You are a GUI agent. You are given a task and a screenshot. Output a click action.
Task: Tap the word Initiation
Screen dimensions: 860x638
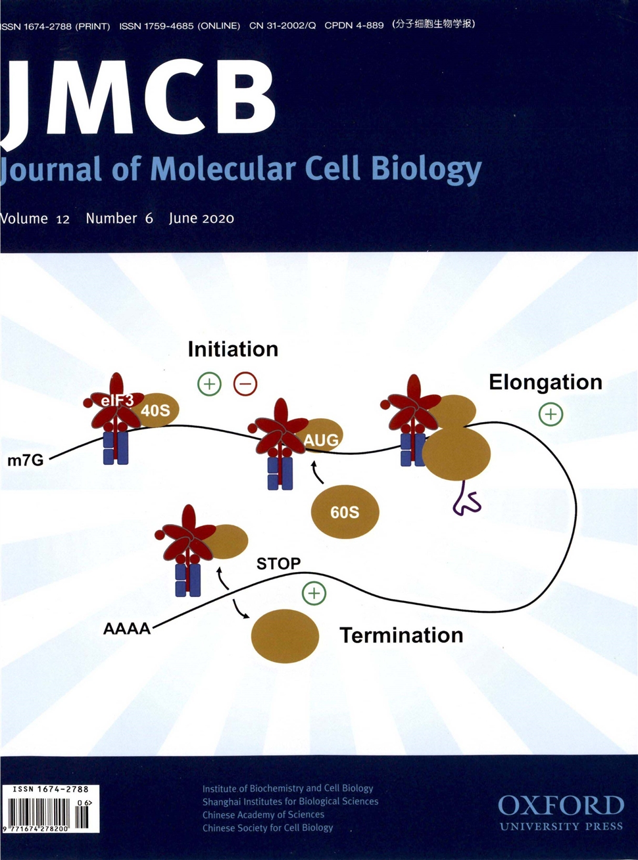point(233,349)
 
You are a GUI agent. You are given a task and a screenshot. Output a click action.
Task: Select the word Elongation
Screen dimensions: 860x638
point(545,382)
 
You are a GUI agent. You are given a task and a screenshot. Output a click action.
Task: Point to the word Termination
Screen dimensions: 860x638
point(401,635)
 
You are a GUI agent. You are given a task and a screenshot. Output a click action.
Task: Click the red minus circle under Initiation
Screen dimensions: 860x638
point(245,384)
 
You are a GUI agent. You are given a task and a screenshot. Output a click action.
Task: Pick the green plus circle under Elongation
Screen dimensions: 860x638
point(551,414)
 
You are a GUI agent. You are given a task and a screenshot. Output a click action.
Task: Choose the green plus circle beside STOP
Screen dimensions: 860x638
point(314,594)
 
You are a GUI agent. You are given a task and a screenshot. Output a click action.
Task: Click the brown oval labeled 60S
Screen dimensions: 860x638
point(345,512)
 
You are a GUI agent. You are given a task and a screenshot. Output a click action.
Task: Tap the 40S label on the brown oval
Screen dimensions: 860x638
point(155,411)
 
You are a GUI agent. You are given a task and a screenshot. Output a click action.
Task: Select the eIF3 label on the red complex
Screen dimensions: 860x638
point(113,400)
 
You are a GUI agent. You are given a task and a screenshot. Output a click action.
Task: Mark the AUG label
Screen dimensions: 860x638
point(321,440)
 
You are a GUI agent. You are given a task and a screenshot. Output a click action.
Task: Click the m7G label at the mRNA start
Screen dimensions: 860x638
point(25,460)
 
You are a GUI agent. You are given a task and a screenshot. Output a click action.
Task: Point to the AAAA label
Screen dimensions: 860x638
point(127,629)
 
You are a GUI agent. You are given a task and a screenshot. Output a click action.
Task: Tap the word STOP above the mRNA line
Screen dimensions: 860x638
point(278,563)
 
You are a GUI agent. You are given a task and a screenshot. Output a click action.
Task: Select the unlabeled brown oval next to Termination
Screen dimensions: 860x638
point(285,636)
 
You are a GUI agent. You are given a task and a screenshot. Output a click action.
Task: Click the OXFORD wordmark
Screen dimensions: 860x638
point(560,805)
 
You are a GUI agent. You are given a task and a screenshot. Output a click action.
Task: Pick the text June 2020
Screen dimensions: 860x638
point(201,218)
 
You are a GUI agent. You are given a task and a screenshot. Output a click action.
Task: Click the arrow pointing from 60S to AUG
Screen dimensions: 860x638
point(316,471)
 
